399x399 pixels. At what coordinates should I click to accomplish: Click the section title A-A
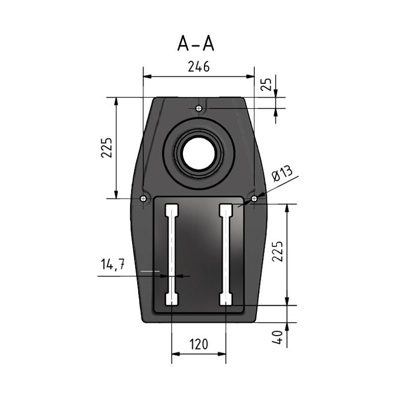tap(196, 44)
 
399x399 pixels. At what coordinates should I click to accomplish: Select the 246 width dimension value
tap(198, 67)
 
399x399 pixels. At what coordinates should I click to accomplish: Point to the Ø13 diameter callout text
tap(283, 176)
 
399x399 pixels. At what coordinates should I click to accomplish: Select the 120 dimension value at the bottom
tap(199, 344)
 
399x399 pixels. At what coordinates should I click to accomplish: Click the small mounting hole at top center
tap(199, 108)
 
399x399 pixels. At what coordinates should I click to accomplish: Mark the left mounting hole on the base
tap(144, 199)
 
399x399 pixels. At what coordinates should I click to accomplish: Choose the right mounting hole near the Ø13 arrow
tap(254, 199)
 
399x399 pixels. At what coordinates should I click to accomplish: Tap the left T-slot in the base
tap(172, 254)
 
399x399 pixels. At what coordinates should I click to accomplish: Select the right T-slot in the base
tap(226, 254)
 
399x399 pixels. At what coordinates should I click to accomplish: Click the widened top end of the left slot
tap(172, 208)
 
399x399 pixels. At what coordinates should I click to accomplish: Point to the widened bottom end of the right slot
tap(226, 299)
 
